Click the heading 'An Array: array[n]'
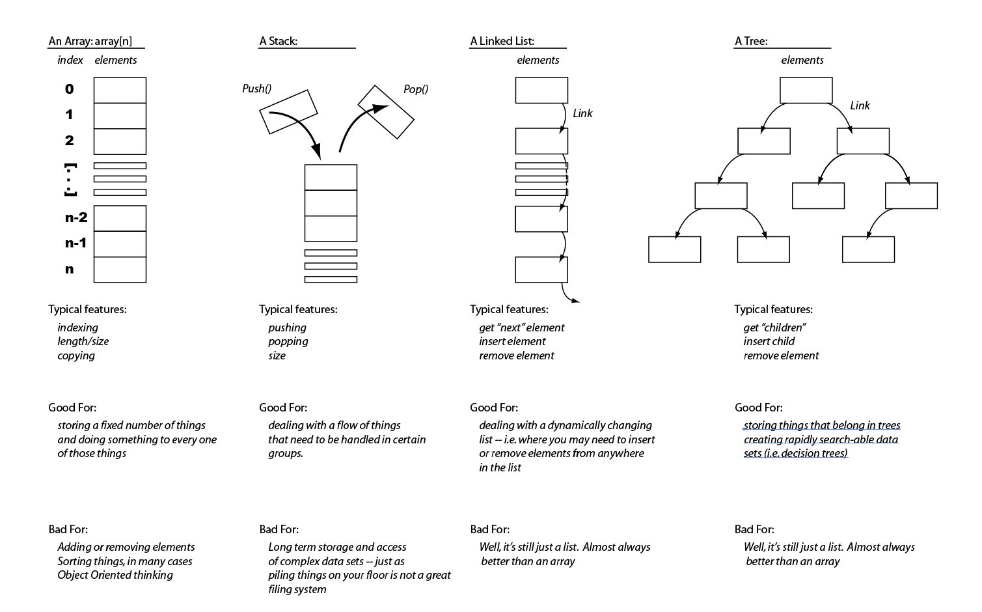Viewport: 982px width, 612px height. pos(90,41)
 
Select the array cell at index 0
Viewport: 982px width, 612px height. pos(120,90)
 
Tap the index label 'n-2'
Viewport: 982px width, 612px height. pos(75,217)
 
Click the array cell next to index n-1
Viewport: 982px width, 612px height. pos(120,243)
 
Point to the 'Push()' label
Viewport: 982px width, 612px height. pos(256,89)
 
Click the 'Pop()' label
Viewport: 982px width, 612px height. pos(416,89)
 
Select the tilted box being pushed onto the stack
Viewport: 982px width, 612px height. pos(288,111)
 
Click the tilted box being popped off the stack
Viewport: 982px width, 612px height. pos(386,112)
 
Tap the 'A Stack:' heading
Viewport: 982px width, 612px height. pos(279,41)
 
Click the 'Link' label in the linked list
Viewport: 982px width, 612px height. pos(582,113)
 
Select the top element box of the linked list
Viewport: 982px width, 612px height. pos(541,90)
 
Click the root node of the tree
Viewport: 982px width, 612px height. pos(806,90)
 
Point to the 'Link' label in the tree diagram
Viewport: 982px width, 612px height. pos(860,105)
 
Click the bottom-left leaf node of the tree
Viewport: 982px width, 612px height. pos(675,249)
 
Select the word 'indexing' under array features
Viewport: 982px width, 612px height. pos(77,327)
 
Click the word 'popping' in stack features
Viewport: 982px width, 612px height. pos(288,341)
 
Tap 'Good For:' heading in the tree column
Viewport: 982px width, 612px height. pos(758,408)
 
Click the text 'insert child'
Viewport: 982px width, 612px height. pos(769,341)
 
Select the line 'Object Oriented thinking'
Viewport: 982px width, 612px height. pos(115,575)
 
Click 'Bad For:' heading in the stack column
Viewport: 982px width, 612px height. pos(279,529)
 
